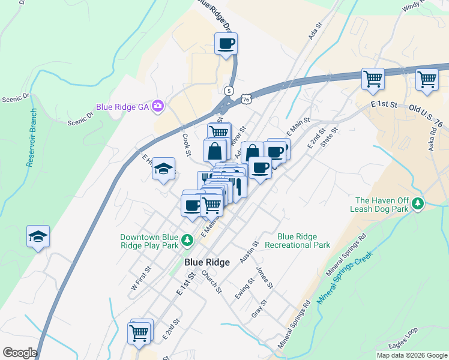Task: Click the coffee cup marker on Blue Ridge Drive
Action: [226, 44]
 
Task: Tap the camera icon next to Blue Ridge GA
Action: [158, 106]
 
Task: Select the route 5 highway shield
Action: [229, 91]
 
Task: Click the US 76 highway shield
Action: [246, 99]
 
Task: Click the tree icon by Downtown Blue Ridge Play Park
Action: [188, 241]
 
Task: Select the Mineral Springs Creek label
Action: [345, 275]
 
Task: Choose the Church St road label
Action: [211, 281]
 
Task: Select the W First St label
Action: [140, 280]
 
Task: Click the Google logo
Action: [20, 353]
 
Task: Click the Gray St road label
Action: [259, 308]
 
